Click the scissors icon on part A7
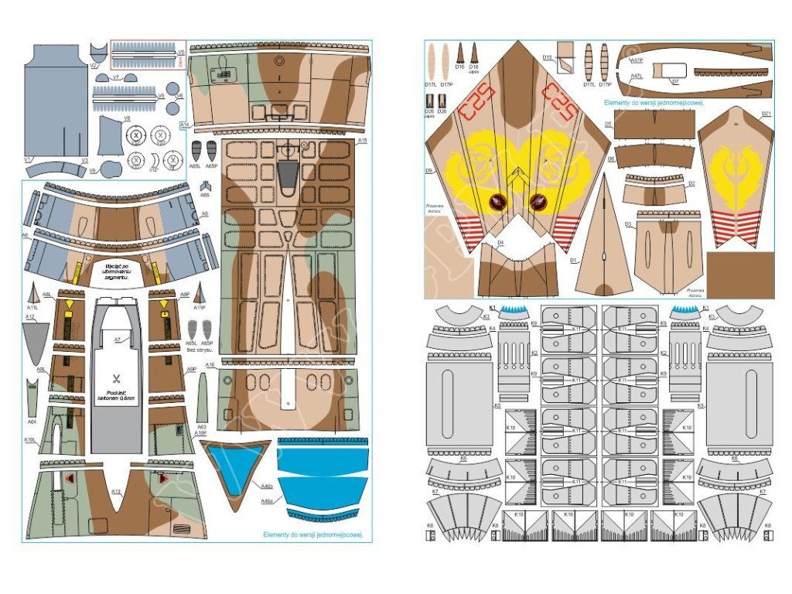[x=115, y=379]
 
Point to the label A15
[x=363, y=140]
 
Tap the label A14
[x=184, y=125]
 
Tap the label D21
[x=766, y=114]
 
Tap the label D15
[x=547, y=57]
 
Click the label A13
[x=115, y=492]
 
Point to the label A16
[x=210, y=365]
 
